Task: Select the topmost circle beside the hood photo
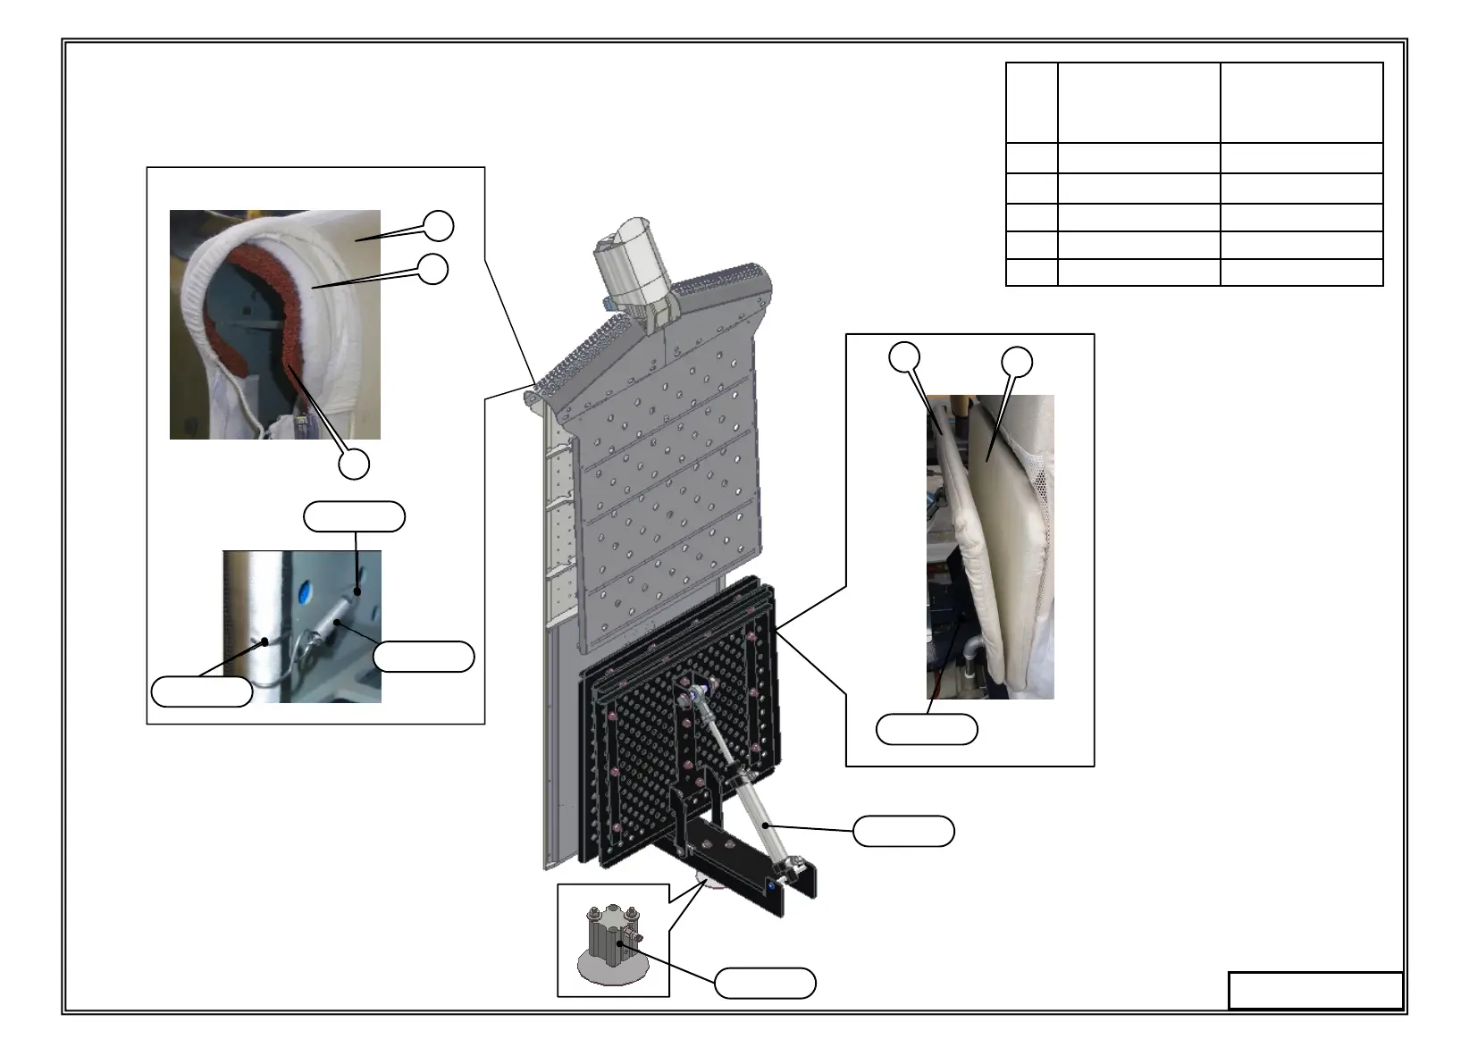pyautogui.click(x=438, y=226)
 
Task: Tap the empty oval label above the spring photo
pyautogui.click(x=355, y=516)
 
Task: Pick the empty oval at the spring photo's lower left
pyautogui.click(x=202, y=691)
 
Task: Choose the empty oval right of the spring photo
pyautogui.click(x=424, y=656)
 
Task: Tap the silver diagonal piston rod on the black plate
pyautogui.click(x=733, y=759)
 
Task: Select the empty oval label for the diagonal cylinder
pyautogui.click(x=903, y=831)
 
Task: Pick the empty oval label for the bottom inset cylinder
pyautogui.click(x=765, y=983)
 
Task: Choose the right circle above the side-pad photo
pyautogui.click(x=1017, y=362)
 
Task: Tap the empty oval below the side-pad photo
pyautogui.click(x=927, y=729)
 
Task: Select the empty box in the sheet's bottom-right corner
pyautogui.click(x=1315, y=990)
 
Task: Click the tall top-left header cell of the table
pyautogui.click(x=1032, y=102)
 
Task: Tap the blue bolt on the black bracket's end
pyautogui.click(x=771, y=886)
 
